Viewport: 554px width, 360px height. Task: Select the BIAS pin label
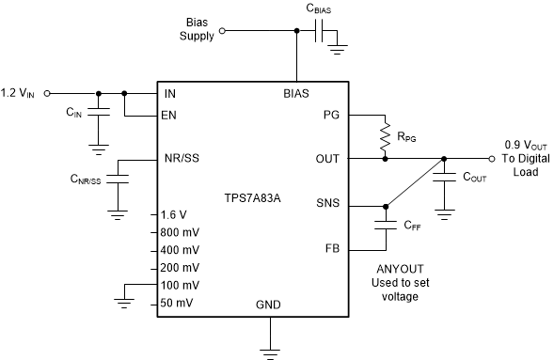coord(299,94)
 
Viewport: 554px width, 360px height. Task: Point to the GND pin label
coord(270,306)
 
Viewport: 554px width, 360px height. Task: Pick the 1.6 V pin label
coord(175,214)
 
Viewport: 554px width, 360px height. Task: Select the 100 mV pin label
coord(181,285)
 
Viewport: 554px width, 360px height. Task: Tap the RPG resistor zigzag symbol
coord(384,135)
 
